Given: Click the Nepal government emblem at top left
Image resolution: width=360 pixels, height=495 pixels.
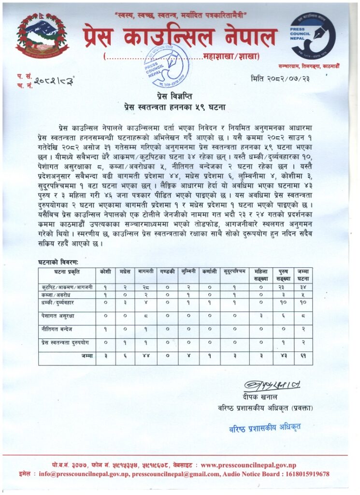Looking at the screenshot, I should click(43, 35).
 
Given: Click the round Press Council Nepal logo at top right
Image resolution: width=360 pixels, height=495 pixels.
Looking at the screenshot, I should click(313, 36).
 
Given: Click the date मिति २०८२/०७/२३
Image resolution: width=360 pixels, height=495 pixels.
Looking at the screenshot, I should click(280, 78).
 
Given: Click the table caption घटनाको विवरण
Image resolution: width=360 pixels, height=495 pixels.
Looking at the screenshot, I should click(58, 262).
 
